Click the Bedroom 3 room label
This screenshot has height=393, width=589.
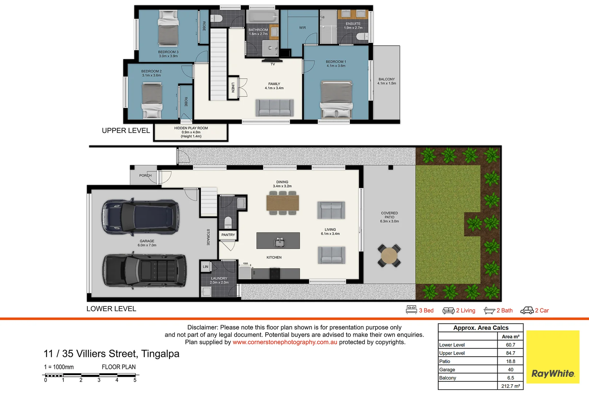168,54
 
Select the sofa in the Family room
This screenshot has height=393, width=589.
275,108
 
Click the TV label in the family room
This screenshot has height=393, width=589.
273,64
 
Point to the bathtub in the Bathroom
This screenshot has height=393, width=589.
262,17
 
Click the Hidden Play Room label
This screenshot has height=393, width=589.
191,132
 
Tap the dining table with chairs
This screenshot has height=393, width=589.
282,203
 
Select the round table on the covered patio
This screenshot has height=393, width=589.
389,256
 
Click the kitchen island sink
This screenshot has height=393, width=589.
279,242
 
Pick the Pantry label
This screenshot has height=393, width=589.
228,235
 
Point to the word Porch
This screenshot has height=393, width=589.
146,175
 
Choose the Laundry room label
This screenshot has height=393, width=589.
219,280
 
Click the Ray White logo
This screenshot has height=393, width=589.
553,357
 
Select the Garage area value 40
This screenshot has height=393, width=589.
510,370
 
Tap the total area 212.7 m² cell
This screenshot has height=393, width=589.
510,386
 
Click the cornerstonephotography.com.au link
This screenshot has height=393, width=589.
285,342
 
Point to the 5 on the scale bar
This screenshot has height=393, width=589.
135,380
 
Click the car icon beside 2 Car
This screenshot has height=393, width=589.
527,310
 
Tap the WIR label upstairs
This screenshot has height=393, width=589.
302,28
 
